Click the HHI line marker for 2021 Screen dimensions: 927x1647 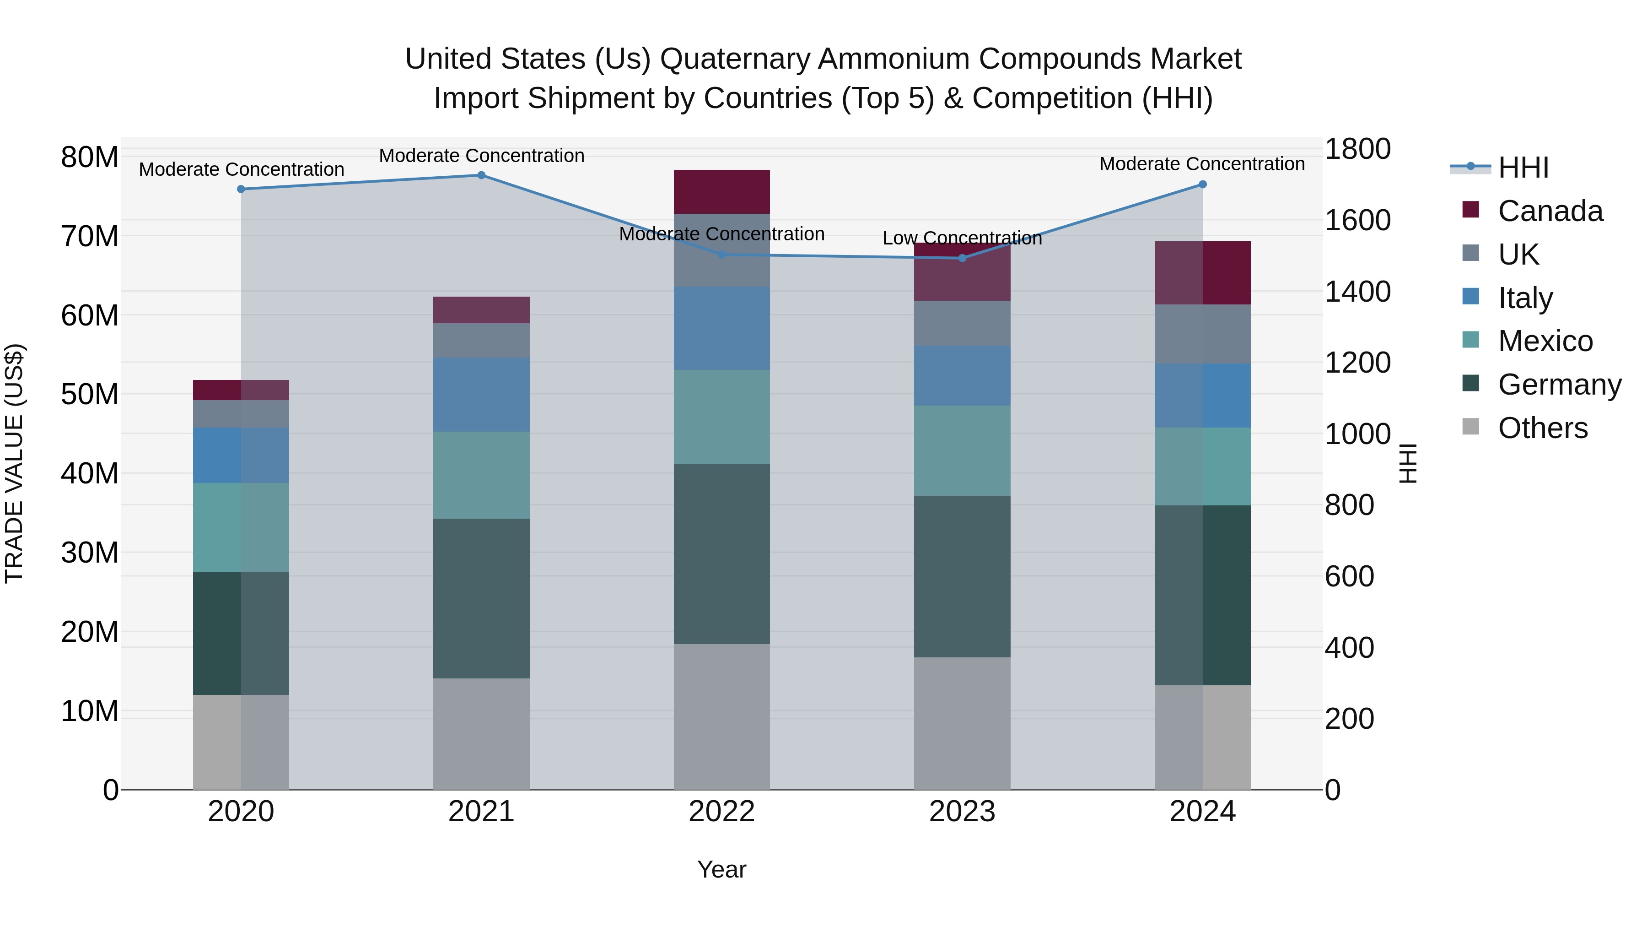coord(481,175)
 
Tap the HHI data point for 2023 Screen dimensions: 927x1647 coord(962,258)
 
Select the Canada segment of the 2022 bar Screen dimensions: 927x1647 coord(722,192)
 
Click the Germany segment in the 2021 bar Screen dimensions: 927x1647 coord(481,598)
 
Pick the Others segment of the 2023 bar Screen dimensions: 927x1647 coord(962,723)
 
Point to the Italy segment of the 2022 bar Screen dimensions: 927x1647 coord(722,328)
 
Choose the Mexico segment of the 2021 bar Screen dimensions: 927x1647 coord(481,475)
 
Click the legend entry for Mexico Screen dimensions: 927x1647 coord(1545,341)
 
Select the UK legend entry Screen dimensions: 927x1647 coord(1518,255)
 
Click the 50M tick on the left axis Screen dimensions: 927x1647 coord(90,394)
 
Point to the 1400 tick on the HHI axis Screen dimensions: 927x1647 coord(1357,292)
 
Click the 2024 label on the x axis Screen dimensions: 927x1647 coord(1202,812)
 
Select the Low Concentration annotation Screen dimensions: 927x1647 coord(962,238)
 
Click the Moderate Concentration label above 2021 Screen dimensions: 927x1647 coord(481,156)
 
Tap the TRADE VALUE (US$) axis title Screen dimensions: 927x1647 coord(14,463)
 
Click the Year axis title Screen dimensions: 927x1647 coord(722,869)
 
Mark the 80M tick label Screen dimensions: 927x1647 coord(90,157)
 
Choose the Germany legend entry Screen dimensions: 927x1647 coord(1559,385)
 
